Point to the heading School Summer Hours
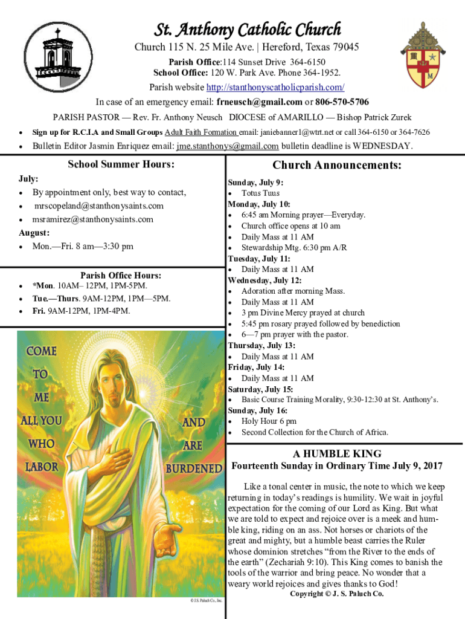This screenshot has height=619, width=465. (121, 164)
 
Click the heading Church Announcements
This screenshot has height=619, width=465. (337, 166)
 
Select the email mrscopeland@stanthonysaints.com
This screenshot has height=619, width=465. (98, 206)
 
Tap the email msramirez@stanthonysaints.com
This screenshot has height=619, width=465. (93, 219)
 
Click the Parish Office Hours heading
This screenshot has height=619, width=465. (121, 276)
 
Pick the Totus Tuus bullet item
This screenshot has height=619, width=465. (260, 193)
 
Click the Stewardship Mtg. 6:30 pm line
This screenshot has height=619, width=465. (294, 248)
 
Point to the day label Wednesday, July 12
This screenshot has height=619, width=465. (260, 280)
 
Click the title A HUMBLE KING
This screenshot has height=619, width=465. (337, 454)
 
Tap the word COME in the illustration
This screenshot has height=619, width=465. (41, 351)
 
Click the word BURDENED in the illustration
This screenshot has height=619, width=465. (194, 468)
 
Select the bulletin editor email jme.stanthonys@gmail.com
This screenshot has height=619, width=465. (227, 146)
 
